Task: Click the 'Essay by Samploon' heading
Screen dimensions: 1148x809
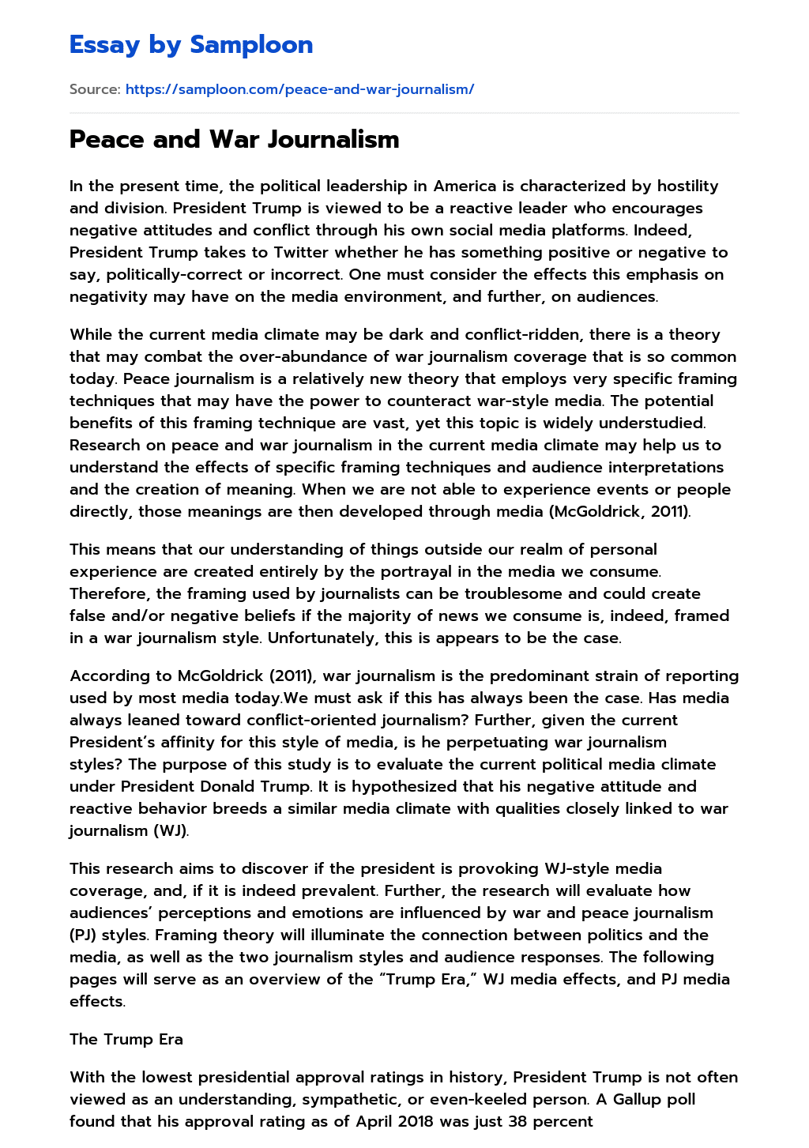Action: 191,45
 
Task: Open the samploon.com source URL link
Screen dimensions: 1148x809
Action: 299,89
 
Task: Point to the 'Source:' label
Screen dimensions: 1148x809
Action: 95,89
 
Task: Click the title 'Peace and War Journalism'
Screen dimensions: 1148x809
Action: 234,139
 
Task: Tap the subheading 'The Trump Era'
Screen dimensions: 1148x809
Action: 126,1040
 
